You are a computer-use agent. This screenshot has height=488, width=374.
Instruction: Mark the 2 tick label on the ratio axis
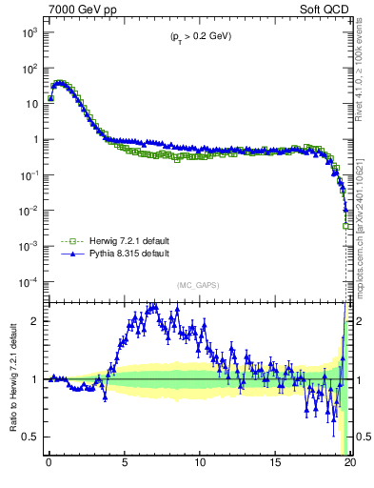[34, 321]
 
